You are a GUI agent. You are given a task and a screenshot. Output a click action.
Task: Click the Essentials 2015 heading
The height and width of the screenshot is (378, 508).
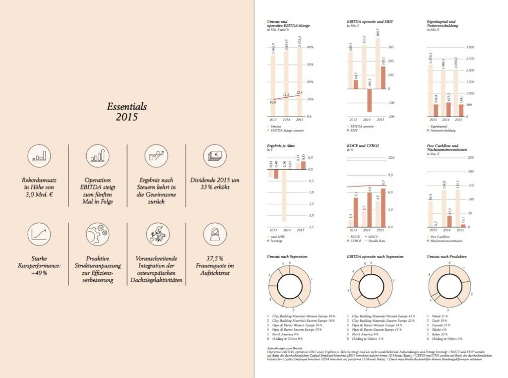pos(127,112)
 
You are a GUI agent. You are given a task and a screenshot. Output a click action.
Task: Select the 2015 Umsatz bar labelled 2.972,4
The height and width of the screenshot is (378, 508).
pos(300,82)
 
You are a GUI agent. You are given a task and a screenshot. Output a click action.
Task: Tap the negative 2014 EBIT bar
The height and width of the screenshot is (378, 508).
pos(369,100)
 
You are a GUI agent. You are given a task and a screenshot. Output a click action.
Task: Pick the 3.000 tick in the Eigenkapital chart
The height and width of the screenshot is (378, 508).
pos(468,47)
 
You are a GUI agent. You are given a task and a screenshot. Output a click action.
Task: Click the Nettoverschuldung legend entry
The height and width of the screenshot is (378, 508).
pos(443,130)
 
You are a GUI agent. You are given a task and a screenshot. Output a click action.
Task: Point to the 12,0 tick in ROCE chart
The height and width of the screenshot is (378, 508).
pos(390,158)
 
